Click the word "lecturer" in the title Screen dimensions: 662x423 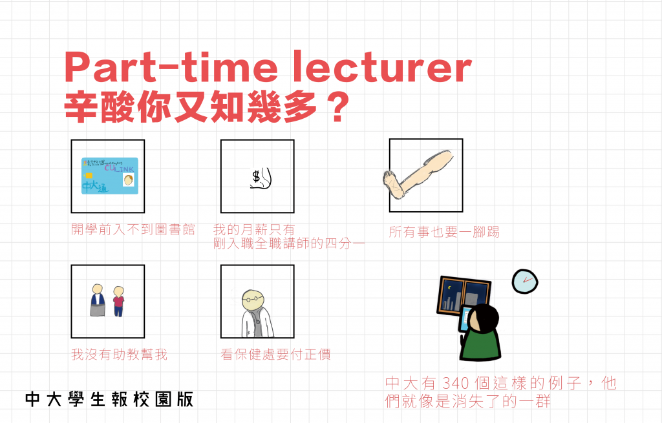[382, 67]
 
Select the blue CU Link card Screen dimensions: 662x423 [110, 176]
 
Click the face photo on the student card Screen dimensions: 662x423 [129, 181]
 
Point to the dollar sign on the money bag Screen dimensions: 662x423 [256, 177]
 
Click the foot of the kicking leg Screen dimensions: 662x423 [393, 184]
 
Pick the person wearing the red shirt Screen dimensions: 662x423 [119, 301]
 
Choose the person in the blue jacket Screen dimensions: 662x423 [98, 300]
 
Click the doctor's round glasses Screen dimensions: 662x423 [252, 298]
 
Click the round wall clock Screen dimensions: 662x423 [525, 282]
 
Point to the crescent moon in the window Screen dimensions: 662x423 [449, 287]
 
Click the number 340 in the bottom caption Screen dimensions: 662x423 [456, 384]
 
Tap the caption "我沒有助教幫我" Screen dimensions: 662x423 [119, 355]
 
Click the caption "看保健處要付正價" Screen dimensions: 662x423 [275, 355]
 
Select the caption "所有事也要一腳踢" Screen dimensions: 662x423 [444, 232]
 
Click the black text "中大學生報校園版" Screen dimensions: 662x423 [109, 399]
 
